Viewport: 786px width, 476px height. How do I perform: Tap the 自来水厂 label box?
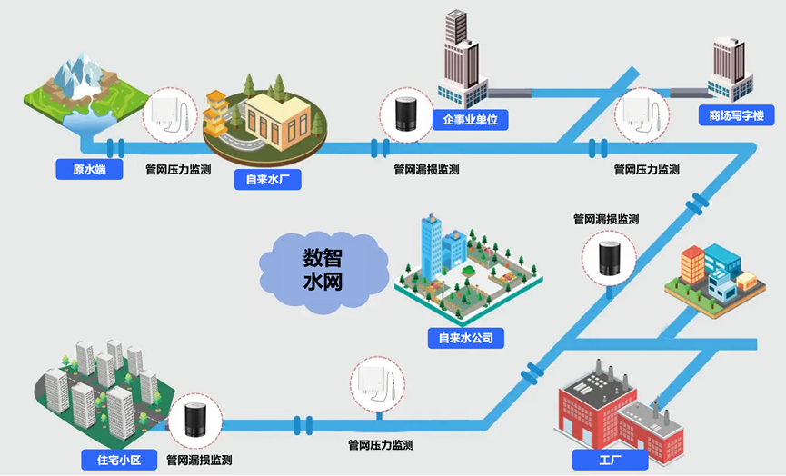pyautogui.click(x=267, y=179)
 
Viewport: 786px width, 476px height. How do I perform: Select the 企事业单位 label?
pyautogui.click(x=469, y=120)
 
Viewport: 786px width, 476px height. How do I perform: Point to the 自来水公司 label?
pyautogui.click(x=466, y=339)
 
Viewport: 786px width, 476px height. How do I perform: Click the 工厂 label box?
pyautogui.click(x=610, y=460)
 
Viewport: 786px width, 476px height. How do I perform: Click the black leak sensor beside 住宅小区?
pyautogui.click(x=194, y=421)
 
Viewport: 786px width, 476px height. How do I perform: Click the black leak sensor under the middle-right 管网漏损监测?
pyautogui.click(x=608, y=257)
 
